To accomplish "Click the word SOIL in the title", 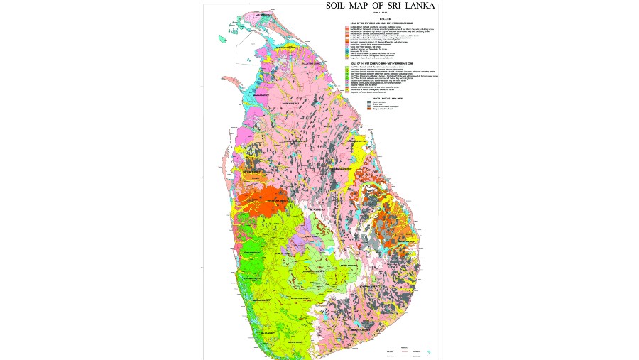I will [339, 6].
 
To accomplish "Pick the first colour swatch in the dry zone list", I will [346, 27].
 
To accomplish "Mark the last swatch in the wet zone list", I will [346, 92].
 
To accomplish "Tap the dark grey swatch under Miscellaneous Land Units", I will [369, 102].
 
